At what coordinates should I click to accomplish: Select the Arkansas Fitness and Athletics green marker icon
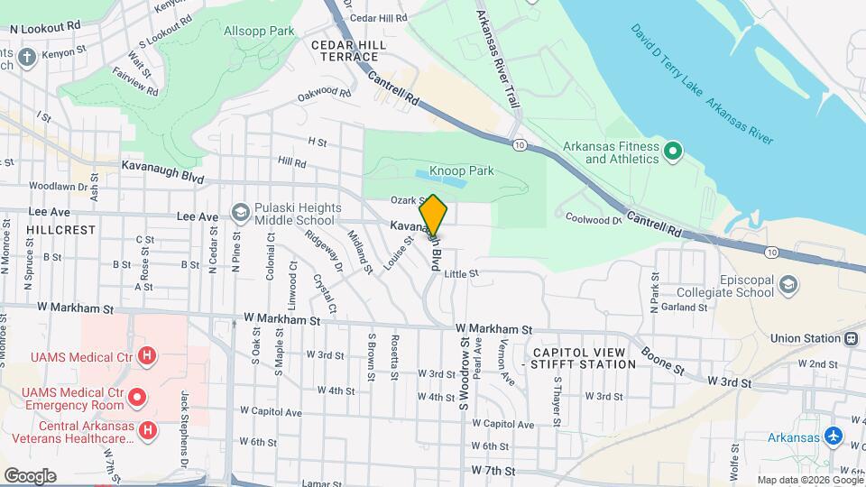[672, 152]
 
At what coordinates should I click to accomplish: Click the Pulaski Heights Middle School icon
[240, 212]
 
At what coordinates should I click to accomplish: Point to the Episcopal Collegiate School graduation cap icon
[789, 285]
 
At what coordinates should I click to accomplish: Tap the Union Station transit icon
[850, 339]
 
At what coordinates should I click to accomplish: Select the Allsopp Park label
[259, 31]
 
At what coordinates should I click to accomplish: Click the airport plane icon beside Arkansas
[834, 437]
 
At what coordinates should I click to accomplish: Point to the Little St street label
[460, 273]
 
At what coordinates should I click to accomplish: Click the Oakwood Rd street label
[324, 92]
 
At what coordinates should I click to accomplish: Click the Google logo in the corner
[30, 475]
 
